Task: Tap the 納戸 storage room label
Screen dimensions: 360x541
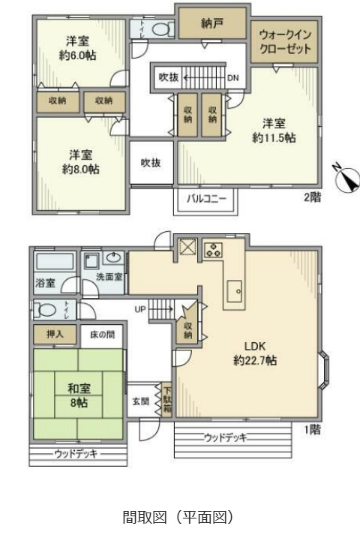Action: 211,23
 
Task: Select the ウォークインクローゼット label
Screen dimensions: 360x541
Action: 285,41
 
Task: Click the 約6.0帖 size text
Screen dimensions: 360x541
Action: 77,56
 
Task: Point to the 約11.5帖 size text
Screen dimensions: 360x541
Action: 274,137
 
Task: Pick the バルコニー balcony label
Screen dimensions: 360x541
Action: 206,199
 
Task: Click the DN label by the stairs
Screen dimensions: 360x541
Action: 232,78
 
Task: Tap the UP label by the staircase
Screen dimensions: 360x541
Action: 140,309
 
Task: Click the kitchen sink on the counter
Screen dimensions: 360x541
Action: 235,292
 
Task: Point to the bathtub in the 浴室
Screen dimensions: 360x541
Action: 55,261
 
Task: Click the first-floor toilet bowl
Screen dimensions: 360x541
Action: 46,310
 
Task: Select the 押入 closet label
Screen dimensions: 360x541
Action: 55,334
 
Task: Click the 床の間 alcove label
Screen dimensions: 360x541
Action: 102,335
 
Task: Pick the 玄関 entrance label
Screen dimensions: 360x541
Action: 141,401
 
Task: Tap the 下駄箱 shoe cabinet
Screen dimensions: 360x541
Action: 167,400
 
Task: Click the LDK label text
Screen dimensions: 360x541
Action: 254,346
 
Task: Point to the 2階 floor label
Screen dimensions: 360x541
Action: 312,197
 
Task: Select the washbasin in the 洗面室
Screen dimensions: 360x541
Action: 114,257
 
